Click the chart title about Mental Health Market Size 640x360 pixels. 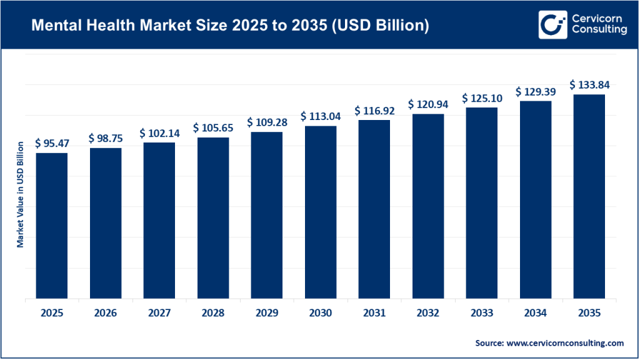tap(231, 26)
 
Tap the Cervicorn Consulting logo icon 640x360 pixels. tap(551, 24)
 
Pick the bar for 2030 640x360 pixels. tap(321, 212)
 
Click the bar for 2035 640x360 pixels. tap(589, 196)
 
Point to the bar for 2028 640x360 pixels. tap(213, 217)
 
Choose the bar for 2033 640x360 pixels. tap(482, 202)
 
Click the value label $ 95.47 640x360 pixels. tap(52, 143)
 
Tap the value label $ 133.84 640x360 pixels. tap(589, 84)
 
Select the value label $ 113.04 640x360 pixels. tap(321, 116)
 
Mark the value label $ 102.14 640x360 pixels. tap(159, 132)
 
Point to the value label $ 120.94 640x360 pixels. tap(428, 104)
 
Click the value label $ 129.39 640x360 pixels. tap(535, 91)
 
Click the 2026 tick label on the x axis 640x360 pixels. tap(106, 313)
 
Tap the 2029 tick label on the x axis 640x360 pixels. tap(267, 313)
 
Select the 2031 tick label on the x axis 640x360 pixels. tap(374, 313)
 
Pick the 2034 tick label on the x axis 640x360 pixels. tap(535, 313)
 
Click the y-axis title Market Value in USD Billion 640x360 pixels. tap(20, 194)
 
